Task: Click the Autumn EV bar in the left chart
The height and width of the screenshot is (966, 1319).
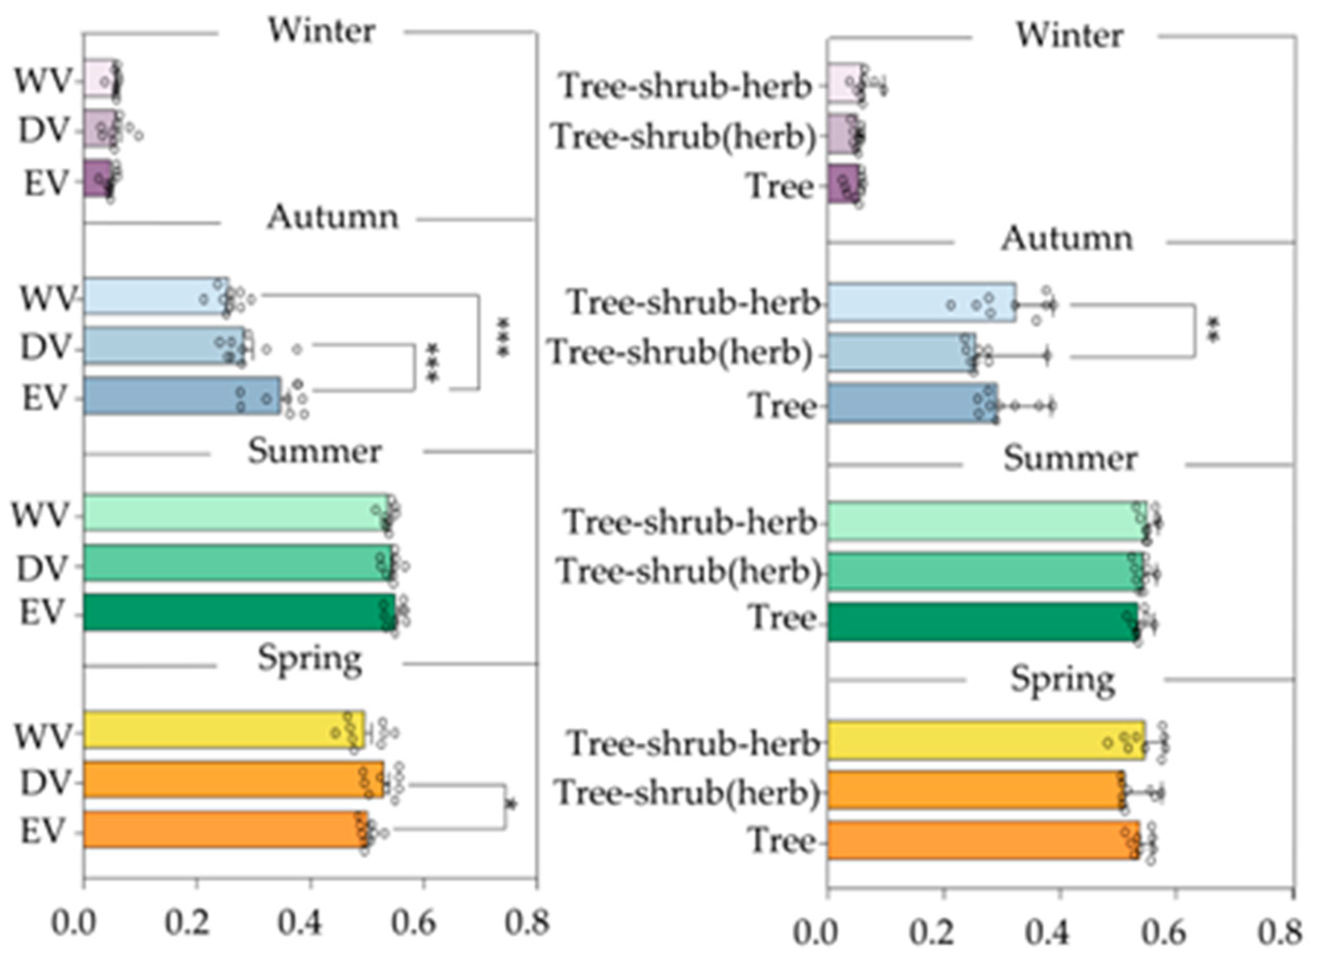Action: click(x=181, y=396)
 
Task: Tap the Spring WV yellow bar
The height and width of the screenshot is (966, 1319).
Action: click(x=222, y=729)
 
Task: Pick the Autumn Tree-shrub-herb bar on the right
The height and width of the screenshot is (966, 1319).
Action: click(x=921, y=302)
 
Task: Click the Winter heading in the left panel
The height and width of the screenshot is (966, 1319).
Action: click(x=322, y=30)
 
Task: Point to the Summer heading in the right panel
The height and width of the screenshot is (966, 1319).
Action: click(x=1071, y=459)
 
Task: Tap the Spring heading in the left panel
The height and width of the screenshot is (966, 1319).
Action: click(x=311, y=660)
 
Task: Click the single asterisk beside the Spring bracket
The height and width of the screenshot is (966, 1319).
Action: click(x=512, y=806)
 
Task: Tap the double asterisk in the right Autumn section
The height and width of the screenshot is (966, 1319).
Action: click(x=1214, y=331)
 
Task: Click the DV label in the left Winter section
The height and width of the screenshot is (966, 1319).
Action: click(x=44, y=131)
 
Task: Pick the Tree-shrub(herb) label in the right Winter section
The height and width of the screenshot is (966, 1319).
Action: click(x=684, y=137)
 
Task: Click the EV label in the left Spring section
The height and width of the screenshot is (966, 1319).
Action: click(x=41, y=831)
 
